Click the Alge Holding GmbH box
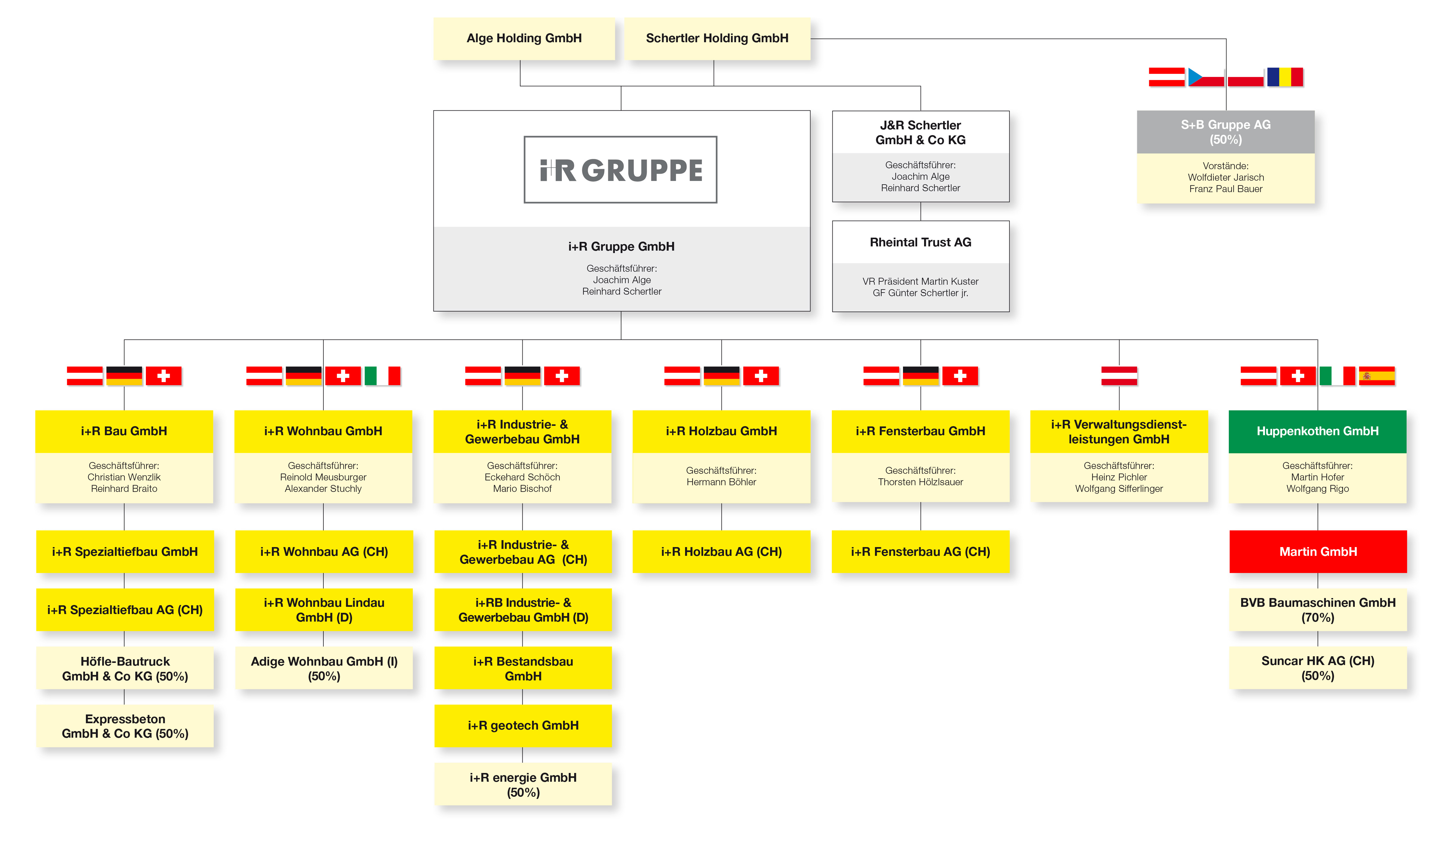pyautogui.click(x=524, y=39)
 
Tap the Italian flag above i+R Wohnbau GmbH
pyautogui.click(x=382, y=376)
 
